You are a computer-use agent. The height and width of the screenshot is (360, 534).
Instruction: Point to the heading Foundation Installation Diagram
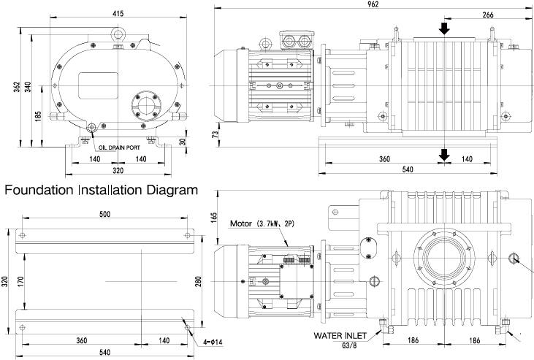102,191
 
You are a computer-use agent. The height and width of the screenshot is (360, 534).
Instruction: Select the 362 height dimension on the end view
15,86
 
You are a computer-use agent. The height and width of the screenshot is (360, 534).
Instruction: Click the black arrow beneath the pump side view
443,153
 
